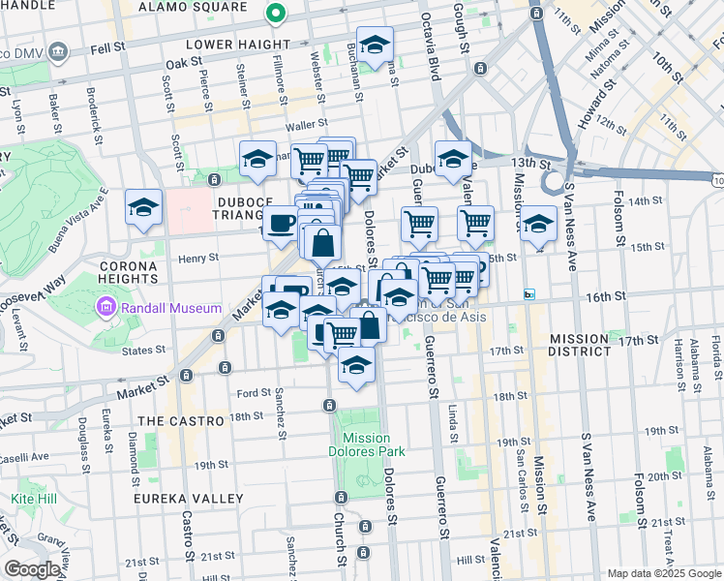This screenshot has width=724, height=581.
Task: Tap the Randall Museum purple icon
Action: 106,308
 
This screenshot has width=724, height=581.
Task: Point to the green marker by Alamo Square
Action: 276,14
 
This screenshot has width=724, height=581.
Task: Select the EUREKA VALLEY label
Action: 191,498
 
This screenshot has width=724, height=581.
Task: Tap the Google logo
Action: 32,569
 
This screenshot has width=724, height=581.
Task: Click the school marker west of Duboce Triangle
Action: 144,207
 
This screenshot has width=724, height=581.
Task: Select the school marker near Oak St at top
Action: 375,44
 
